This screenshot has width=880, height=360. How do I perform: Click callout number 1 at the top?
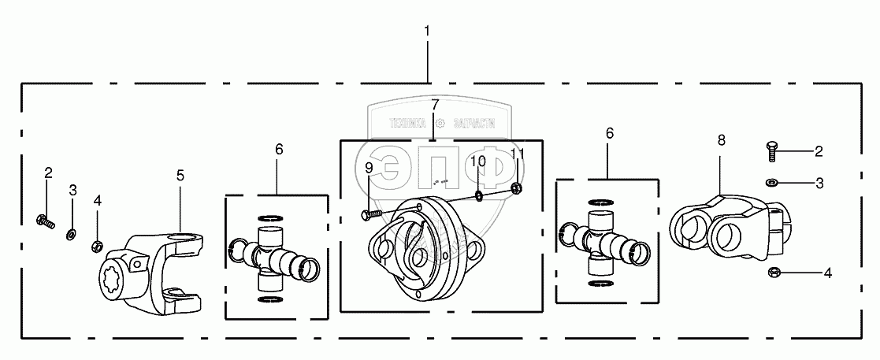click(x=427, y=32)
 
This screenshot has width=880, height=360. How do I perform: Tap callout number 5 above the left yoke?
click(x=180, y=175)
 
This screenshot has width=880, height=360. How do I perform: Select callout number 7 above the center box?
click(x=434, y=106)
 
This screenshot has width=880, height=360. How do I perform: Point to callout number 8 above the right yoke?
click(x=721, y=140)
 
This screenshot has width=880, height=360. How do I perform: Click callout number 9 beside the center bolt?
click(x=369, y=167)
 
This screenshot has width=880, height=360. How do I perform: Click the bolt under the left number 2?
click(x=44, y=221)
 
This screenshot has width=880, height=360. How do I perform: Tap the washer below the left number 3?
click(x=72, y=232)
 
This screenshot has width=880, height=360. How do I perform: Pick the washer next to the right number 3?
click(x=772, y=183)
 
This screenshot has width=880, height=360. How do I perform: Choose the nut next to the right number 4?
click(x=774, y=273)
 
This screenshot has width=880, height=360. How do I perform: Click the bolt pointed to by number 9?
click(x=372, y=213)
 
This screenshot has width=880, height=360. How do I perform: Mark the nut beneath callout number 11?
click(x=517, y=187)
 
